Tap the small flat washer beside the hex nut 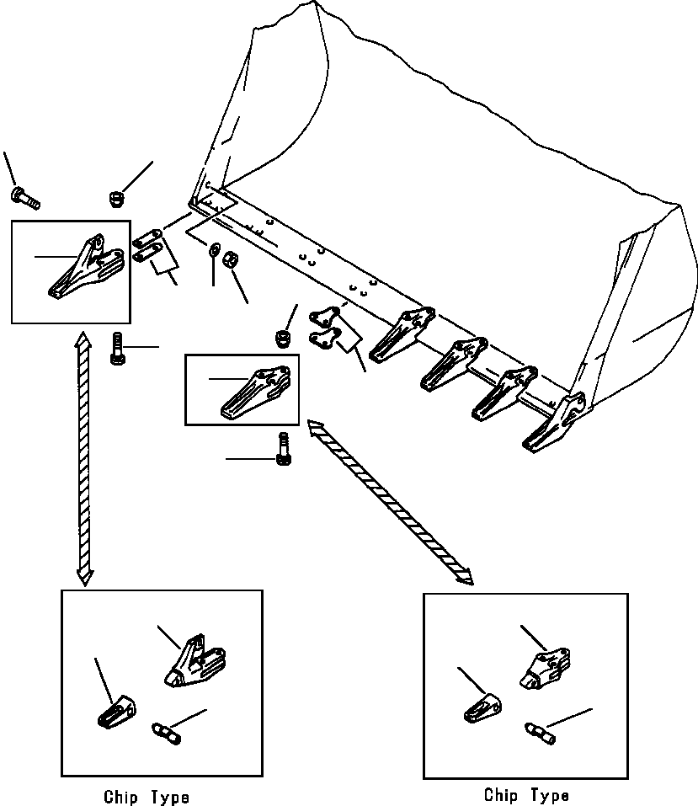click(214, 249)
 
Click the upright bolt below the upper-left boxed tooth click(118, 348)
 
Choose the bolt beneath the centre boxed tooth click(282, 447)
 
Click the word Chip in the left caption click(123, 796)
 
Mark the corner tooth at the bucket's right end click(557, 422)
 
